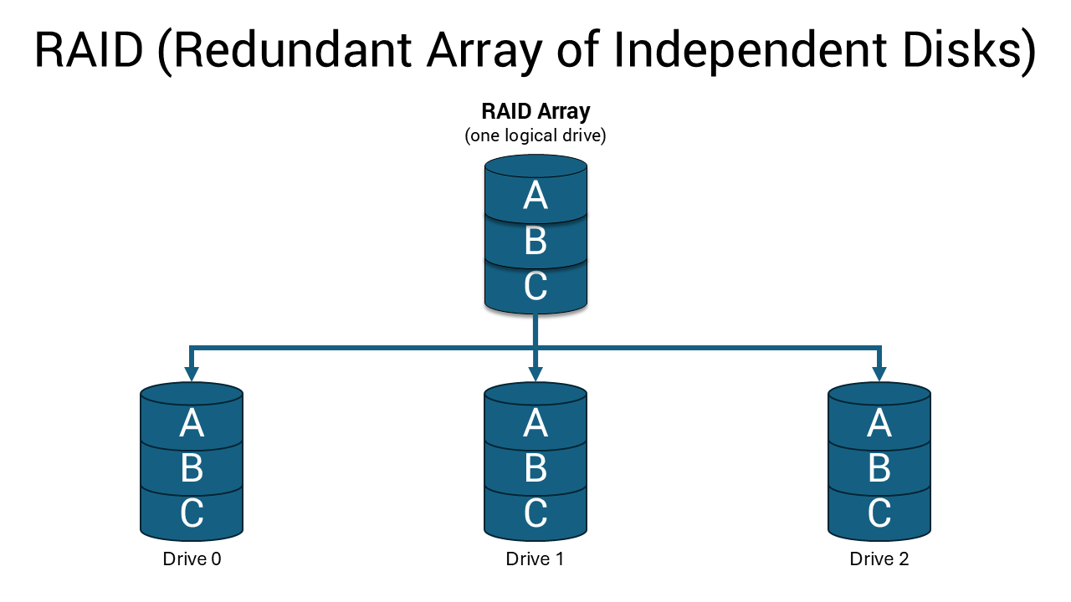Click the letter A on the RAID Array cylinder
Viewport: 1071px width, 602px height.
535,196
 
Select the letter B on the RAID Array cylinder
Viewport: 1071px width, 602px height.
535,242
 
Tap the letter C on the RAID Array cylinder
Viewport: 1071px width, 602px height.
535,287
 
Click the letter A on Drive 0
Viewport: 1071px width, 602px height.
192,424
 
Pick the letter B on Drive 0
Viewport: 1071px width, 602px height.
192,469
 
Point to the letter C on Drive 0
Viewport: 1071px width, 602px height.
192,513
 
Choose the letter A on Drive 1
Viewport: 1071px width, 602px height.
535,424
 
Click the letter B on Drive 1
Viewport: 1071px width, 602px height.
535,469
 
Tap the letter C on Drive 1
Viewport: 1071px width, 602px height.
535,513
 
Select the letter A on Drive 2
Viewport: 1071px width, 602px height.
879,424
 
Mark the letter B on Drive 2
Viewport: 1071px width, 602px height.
879,469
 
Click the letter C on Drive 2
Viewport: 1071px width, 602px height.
879,513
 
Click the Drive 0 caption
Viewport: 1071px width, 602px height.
192,559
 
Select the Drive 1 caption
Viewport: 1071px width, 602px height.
535,559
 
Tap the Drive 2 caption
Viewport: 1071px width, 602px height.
879,559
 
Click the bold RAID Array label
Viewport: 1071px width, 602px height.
535,111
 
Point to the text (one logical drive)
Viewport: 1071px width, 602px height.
535,135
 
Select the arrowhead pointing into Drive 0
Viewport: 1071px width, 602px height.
192,373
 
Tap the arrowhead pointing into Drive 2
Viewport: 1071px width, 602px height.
879,373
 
